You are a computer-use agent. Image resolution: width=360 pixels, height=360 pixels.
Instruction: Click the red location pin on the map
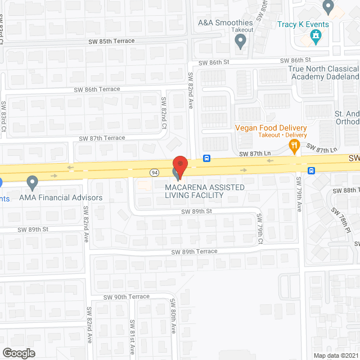coord(179,164)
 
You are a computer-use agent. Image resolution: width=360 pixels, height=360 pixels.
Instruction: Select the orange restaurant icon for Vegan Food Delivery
coord(294,146)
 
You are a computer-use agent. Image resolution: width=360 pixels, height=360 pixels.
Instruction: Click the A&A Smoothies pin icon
coord(241,40)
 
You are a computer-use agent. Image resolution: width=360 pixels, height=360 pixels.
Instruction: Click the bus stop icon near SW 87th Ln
coord(207,158)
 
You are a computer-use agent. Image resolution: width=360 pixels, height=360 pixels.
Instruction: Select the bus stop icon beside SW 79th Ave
coord(311,170)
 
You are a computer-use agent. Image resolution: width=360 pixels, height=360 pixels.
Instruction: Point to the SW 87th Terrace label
coord(102,138)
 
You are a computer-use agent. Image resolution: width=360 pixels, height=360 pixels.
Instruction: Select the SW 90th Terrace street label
coord(127,296)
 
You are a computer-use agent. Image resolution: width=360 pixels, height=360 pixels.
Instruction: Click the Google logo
coord(19,353)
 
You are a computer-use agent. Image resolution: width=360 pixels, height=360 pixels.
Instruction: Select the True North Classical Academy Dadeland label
coord(323,73)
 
